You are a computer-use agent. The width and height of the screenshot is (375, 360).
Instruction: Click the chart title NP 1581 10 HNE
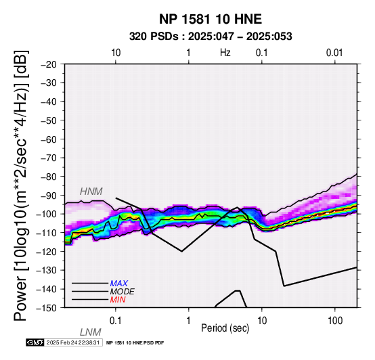click(211, 19)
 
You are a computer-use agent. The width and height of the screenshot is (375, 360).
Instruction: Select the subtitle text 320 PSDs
click(154, 37)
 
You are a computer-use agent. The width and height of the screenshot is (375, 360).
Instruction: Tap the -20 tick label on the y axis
click(49, 64)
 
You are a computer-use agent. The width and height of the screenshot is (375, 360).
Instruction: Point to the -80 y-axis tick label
click(49, 177)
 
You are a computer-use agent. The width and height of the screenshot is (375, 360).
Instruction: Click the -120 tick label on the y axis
click(47, 252)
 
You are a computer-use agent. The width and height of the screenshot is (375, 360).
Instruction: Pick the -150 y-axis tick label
click(47, 308)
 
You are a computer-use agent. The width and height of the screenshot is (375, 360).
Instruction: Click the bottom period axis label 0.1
click(116, 320)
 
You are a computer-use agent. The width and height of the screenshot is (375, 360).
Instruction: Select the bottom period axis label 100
click(335, 320)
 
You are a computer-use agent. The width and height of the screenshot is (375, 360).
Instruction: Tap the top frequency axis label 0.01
click(334, 53)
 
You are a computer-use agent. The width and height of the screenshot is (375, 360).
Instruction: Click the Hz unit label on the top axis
click(225, 53)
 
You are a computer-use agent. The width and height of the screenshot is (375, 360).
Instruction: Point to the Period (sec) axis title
click(225, 328)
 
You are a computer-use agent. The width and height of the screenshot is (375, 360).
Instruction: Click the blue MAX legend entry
click(119, 284)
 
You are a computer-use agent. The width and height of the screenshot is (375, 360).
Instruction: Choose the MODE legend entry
click(123, 292)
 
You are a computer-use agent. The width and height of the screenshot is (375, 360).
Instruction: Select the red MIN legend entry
click(118, 300)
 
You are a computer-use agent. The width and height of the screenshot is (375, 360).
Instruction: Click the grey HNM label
click(91, 192)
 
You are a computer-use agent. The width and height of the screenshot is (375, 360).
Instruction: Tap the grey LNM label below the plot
click(91, 332)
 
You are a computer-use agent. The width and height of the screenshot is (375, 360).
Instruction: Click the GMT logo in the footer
click(35, 342)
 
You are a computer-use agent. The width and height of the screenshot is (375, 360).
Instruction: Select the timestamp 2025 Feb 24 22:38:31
click(73, 342)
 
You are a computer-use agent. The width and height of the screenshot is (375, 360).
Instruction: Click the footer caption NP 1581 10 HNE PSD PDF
click(135, 343)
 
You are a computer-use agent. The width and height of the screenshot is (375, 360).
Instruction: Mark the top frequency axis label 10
click(116, 53)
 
